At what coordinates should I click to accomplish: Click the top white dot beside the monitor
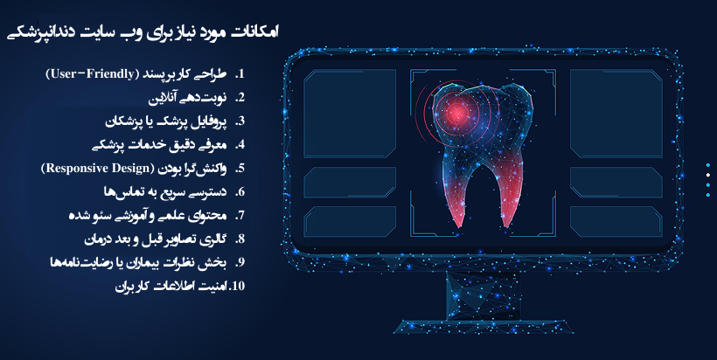click(x=707, y=163)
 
